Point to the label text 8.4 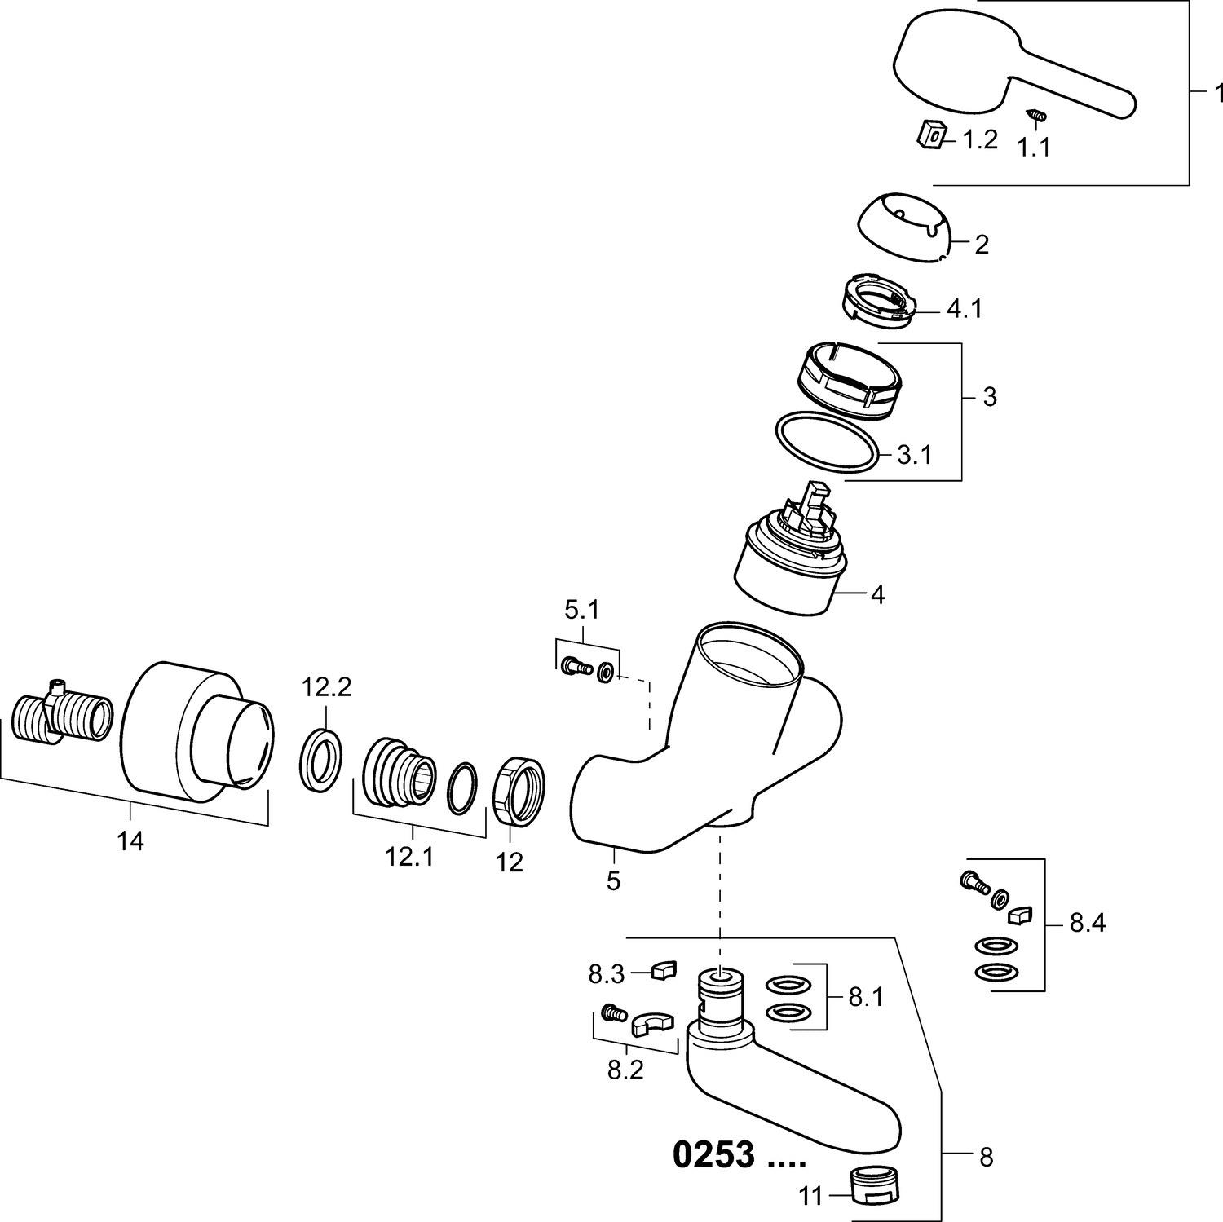pos(1088,924)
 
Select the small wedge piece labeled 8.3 pos(664,970)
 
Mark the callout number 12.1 pos(410,857)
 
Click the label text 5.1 pos(582,611)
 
